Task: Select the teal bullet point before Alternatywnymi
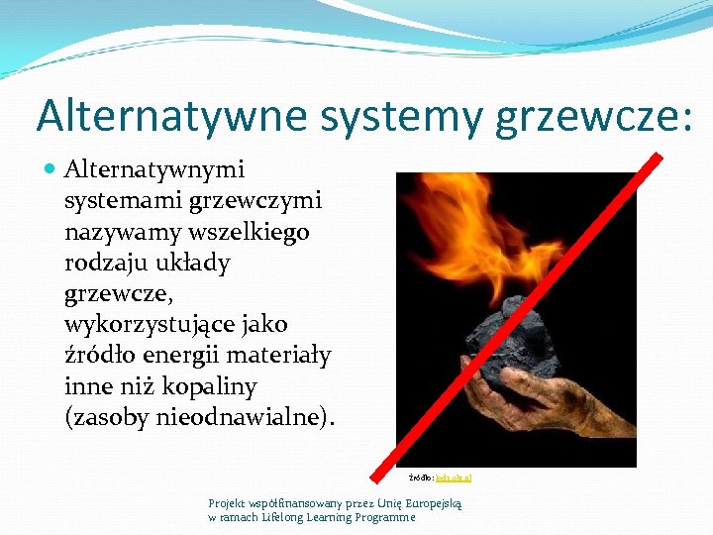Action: pos(51,170)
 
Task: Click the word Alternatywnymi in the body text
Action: pos(153,170)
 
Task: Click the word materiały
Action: pos(285,356)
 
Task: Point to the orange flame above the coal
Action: pos(495,228)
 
